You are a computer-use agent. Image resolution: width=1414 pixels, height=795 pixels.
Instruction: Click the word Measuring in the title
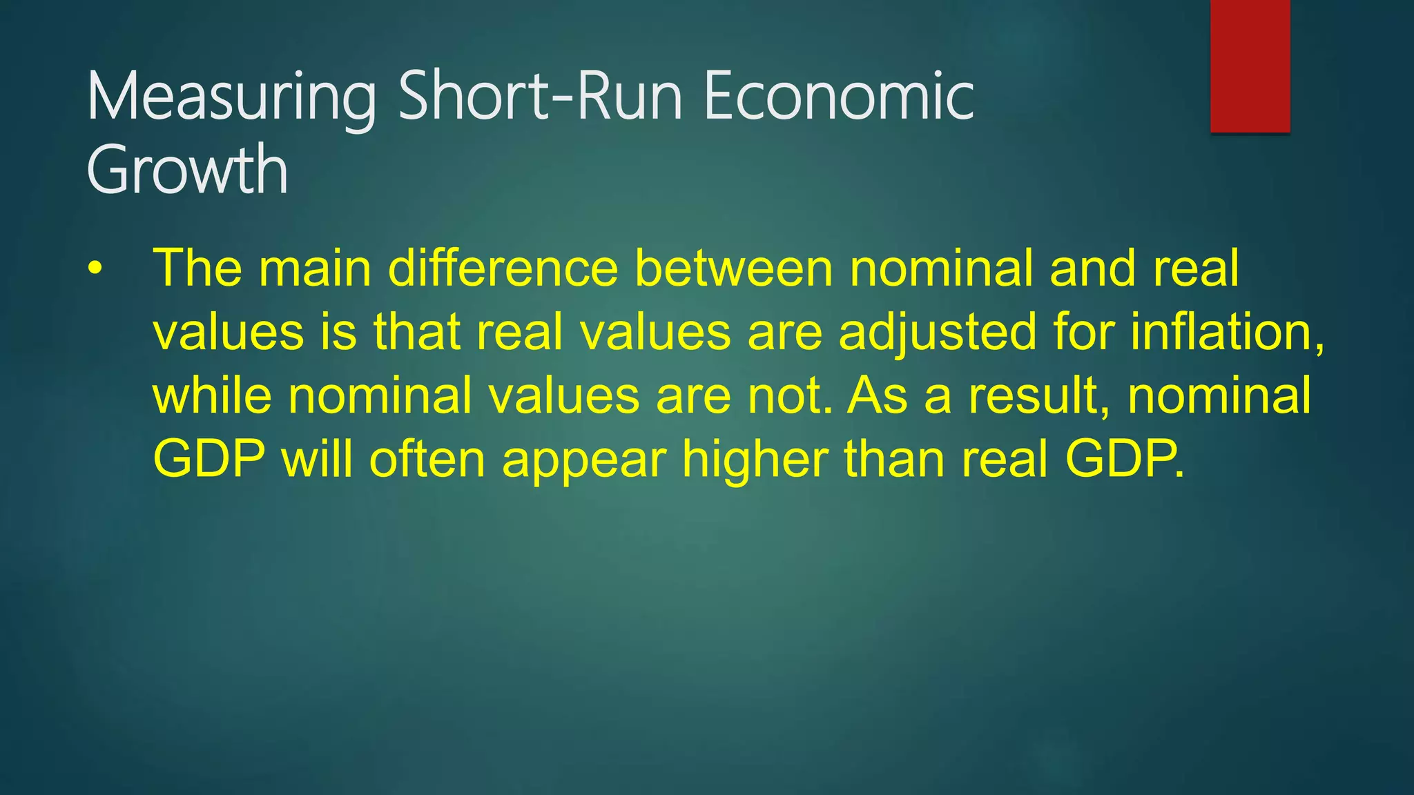pos(231,97)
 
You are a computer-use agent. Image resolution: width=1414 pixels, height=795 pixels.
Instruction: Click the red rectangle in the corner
pos(1250,66)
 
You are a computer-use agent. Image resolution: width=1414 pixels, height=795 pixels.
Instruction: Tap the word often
pos(427,459)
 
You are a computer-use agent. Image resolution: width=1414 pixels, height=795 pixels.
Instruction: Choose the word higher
pos(755,459)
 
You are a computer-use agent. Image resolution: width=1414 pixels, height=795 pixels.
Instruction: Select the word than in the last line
pos(894,459)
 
